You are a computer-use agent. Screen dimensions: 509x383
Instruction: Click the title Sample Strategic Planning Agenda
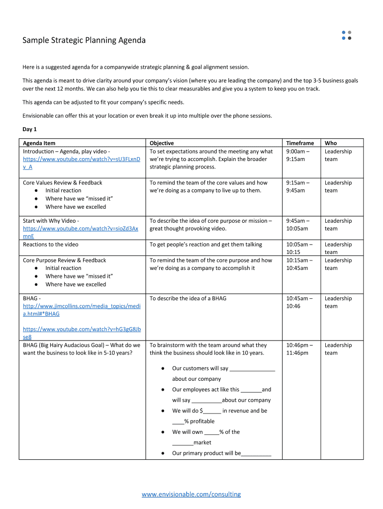coord(84,40)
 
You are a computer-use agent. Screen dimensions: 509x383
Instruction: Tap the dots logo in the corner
coord(347,35)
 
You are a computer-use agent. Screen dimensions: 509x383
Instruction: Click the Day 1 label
coord(30,129)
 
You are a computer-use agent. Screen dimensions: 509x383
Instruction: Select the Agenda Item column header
coord(39,143)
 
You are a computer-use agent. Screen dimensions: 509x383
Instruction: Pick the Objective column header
coord(162,143)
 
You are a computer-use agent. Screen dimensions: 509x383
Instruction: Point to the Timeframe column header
coord(300,143)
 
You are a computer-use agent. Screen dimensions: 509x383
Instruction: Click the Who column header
coord(331,143)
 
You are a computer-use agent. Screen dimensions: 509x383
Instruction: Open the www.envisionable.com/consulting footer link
coord(191,494)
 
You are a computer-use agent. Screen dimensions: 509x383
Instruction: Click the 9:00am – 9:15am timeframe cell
coord(297,155)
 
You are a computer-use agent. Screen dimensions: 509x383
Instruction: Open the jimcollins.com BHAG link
coord(82,310)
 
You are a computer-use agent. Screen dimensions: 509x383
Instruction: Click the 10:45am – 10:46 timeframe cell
coord(299,302)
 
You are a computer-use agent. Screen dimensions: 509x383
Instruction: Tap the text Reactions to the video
coord(51,245)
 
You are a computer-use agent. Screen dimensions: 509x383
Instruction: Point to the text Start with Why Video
coord(51,221)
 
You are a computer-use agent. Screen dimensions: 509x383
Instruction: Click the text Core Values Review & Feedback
coord(63,183)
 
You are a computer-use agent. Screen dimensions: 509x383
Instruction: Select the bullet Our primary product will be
coord(221,453)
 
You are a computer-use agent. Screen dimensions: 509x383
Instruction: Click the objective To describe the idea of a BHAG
coord(188,298)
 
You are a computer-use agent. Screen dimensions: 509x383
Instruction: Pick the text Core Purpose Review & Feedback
coord(65,260)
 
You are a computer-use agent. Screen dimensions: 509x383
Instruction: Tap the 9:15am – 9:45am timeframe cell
coord(297,186)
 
